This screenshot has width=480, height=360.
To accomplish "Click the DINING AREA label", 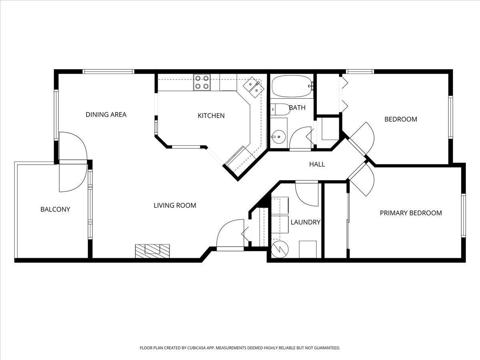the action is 106,114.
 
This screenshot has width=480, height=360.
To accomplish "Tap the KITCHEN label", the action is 211,116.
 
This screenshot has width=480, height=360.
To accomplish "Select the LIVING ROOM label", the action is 175,205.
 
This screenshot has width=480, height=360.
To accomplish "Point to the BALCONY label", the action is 55,209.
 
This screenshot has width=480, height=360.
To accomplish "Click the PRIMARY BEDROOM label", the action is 411,213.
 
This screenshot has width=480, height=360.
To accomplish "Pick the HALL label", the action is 317,164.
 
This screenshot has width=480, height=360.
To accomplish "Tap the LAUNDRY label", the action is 305,222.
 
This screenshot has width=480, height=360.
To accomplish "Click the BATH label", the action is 297,108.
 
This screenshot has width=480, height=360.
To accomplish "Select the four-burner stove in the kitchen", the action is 202,82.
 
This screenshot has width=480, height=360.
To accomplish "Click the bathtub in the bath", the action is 291,86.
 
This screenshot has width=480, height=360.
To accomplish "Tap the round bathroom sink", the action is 278,137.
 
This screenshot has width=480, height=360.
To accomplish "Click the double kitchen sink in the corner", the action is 254,87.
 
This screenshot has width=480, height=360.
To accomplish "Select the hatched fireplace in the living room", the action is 152,251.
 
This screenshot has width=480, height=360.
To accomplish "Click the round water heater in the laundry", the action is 280,249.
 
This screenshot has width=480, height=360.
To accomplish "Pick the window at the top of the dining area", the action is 108,72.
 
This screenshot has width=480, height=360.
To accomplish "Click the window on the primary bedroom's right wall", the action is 463,216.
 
